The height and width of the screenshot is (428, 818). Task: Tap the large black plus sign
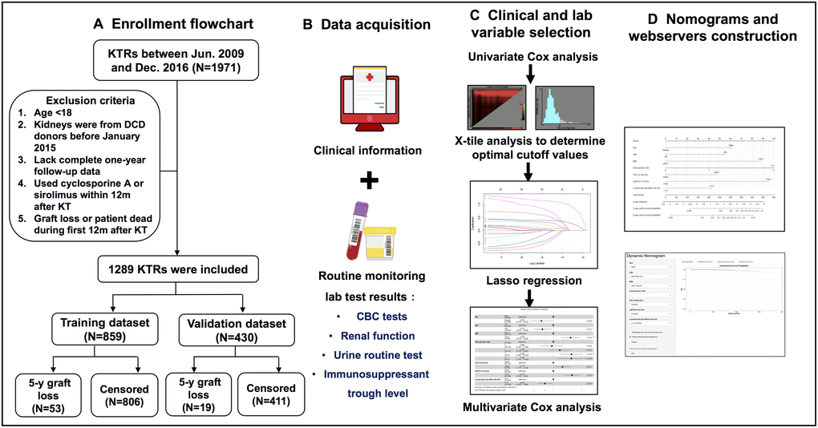coord(368,180)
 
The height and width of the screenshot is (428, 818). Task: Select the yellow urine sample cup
coord(383,241)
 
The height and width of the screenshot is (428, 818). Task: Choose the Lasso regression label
coord(530,281)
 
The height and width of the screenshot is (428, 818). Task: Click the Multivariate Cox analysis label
coord(532,408)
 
